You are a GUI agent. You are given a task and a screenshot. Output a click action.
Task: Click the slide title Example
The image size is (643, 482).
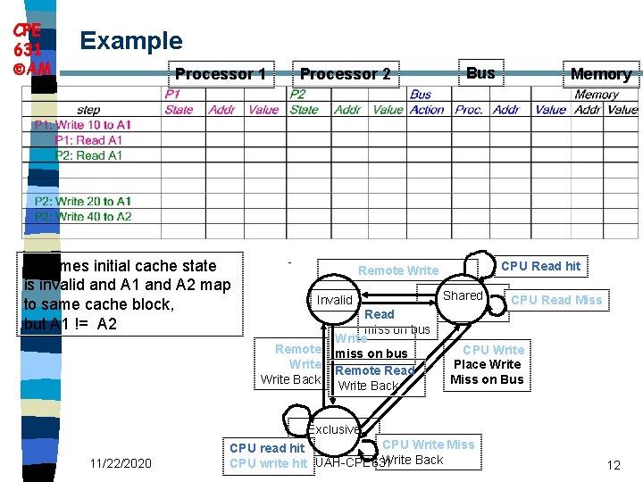(x=131, y=41)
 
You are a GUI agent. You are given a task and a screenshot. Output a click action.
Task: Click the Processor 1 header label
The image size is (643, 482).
(x=220, y=74)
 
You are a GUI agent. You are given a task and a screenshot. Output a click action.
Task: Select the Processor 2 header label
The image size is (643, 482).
(x=345, y=74)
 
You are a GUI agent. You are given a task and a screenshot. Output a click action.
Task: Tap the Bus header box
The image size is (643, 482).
(x=480, y=73)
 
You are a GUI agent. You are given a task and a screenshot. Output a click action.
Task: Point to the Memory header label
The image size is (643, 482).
(x=600, y=74)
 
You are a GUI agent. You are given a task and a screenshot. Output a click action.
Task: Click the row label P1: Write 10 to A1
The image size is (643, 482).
(x=82, y=125)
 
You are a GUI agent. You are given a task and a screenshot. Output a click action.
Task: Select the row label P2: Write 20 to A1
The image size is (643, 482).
(x=83, y=201)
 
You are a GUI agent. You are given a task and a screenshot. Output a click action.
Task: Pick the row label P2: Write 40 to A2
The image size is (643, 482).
(x=83, y=216)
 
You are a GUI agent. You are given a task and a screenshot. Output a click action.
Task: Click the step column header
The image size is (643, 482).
(x=89, y=110)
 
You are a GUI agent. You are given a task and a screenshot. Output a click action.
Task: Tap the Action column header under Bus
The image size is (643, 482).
(x=427, y=110)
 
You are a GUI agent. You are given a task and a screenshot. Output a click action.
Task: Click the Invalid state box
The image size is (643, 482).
(x=335, y=300)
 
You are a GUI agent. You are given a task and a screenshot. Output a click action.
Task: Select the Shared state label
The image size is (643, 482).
(x=463, y=295)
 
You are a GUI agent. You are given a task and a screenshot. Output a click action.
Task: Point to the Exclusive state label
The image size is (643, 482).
(x=335, y=429)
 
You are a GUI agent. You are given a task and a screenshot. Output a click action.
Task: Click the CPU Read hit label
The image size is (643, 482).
(x=540, y=266)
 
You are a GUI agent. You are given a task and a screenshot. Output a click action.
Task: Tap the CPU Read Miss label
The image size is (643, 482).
(x=556, y=300)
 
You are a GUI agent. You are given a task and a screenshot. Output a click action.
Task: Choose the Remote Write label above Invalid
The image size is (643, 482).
(x=398, y=270)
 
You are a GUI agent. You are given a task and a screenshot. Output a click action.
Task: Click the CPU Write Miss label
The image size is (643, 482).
(x=429, y=445)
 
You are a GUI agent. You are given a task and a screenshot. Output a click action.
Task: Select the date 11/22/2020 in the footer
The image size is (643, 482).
(x=121, y=463)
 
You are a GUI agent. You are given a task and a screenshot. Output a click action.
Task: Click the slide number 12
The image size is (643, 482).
(x=613, y=465)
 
